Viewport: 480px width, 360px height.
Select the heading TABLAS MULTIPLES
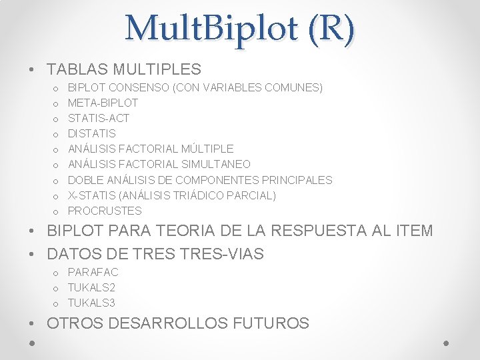point(124,69)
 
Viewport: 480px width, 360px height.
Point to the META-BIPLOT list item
point(103,103)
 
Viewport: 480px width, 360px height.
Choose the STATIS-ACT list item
point(99,118)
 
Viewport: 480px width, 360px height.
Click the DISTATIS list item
point(92,133)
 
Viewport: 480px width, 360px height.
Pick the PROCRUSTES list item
point(105,211)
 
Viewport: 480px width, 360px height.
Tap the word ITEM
point(413,231)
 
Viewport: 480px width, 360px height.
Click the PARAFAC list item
point(93,272)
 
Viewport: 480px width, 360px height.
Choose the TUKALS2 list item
point(91,287)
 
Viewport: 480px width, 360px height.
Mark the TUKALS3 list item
point(91,303)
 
